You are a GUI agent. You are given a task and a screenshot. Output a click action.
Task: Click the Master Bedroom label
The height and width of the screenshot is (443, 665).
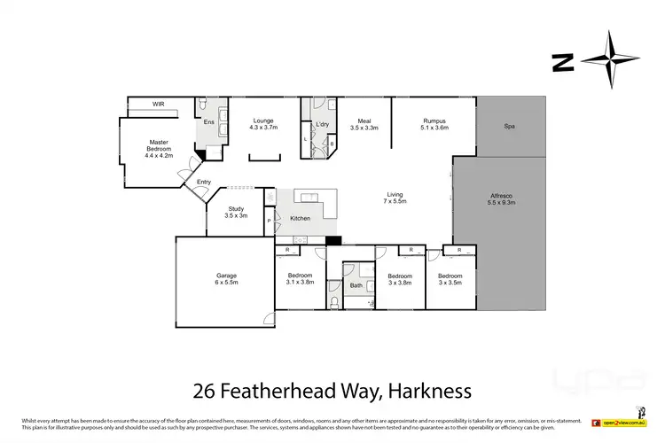(x=159, y=148)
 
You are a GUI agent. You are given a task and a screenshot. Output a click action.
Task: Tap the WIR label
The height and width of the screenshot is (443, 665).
(x=159, y=104)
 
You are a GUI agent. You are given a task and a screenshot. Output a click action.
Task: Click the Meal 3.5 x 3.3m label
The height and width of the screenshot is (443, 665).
(x=364, y=124)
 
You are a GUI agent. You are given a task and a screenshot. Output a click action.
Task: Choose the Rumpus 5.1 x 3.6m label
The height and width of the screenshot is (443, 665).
(x=434, y=124)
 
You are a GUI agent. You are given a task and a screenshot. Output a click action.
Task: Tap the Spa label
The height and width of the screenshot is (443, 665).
(x=509, y=126)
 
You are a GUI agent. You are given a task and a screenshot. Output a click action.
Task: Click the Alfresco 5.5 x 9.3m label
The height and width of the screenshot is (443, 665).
(x=502, y=198)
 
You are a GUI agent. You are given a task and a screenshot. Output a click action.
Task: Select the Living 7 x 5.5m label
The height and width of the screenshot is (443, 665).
(x=395, y=198)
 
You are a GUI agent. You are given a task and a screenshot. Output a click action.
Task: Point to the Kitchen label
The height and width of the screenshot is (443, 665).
(x=300, y=217)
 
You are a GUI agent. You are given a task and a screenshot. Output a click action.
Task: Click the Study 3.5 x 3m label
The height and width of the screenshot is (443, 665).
(x=235, y=212)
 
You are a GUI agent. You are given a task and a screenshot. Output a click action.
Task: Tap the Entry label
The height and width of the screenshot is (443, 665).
(x=204, y=183)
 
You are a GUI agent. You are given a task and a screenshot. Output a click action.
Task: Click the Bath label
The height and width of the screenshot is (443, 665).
(x=356, y=285)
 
